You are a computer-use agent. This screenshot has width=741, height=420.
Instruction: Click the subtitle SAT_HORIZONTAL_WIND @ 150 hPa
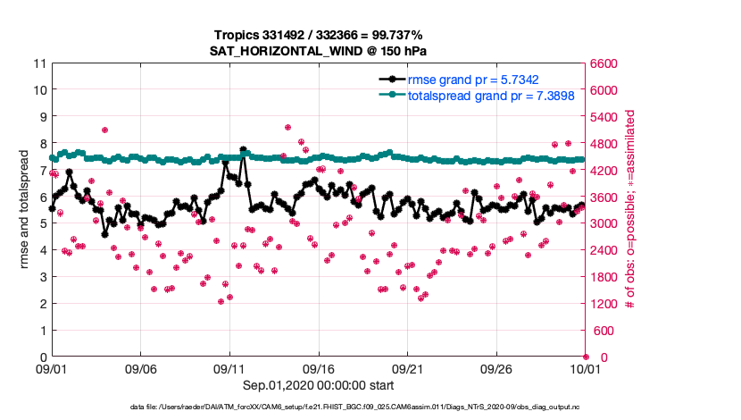point(319,50)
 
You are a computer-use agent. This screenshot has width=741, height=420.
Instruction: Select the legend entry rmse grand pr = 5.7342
point(472,80)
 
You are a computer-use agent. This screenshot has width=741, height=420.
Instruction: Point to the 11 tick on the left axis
point(38,63)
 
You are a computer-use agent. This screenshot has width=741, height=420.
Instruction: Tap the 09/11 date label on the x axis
point(229,368)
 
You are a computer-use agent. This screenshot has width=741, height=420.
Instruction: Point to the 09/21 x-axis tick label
point(407,368)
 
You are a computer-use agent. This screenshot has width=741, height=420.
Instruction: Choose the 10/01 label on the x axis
point(586,368)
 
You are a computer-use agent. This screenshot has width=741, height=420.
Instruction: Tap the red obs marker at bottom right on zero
point(586,357)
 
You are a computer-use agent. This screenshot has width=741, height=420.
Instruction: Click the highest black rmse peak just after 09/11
point(243,150)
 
